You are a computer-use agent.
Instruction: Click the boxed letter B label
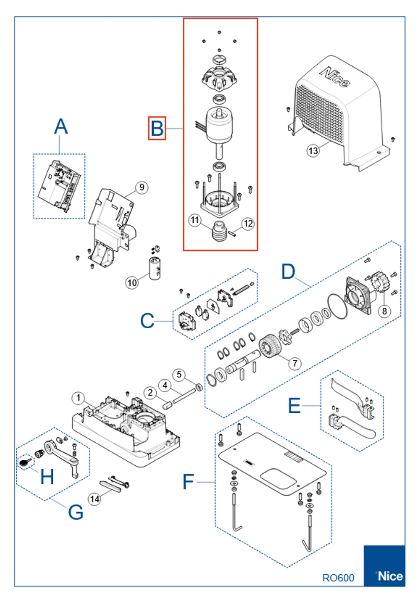157,128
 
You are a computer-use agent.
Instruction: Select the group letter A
61,127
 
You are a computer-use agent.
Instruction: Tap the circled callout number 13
313,151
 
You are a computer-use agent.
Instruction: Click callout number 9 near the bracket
142,187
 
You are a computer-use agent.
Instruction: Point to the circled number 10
132,282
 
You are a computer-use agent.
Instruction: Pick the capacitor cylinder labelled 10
155,269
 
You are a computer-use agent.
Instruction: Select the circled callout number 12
248,223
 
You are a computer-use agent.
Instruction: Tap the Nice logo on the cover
335,77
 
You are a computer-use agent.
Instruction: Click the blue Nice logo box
384,566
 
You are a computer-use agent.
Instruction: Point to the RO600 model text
338,577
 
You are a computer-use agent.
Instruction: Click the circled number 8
385,311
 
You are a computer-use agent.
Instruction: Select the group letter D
288,271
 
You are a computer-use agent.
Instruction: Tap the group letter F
188,481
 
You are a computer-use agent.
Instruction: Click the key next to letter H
25,462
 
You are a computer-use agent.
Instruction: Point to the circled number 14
94,499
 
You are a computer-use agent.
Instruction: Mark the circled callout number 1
78,398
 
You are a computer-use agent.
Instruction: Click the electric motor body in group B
219,125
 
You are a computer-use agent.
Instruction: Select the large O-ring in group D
338,306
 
